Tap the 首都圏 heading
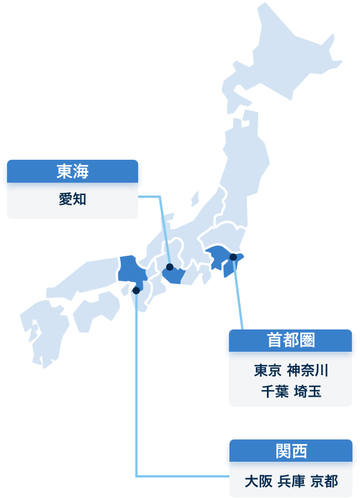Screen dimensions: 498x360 pyautogui.click(x=291, y=340)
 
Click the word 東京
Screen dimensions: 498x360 pyautogui.click(x=268, y=370)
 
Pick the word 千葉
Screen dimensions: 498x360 pyautogui.click(x=275, y=391)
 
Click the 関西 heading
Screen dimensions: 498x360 pyautogui.click(x=291, y=451)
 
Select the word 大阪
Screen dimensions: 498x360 pyautogui.click(x=258, y=482)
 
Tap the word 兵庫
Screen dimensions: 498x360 pyautogui.click(x=291, y=482)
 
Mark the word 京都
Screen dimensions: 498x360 pyautogui.click(x=324, y=482)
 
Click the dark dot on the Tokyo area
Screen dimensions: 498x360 pyautogui.click(x=233, y=257)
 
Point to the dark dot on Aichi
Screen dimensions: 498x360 pyautogui.click(x=170, y=267)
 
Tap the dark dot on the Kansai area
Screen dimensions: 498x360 pyautogui.click(x=136, y=290)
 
